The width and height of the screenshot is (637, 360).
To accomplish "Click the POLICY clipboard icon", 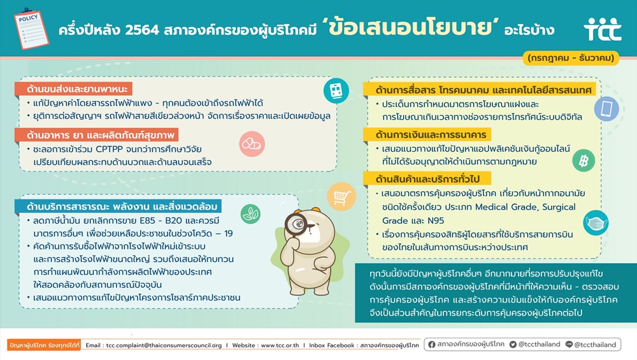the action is (31, 29).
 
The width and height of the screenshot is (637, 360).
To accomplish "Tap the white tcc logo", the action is (603, 29).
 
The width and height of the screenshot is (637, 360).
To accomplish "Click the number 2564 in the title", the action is (142, 31).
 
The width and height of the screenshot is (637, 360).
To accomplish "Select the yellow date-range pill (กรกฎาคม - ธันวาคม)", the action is (570, 58).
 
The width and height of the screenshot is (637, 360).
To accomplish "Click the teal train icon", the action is (336, 90).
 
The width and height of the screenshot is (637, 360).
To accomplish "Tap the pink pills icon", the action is (252, 144).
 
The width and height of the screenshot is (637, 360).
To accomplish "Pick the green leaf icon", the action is (250, 214).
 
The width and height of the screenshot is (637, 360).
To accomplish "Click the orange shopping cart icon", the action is (341, 197).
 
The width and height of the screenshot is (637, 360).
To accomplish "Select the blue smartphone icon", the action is (606, 109).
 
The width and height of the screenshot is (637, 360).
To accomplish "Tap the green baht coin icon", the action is (583, 161).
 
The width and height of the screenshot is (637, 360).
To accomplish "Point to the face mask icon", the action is (596, 222).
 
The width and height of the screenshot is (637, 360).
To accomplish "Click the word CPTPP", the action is (109, 149).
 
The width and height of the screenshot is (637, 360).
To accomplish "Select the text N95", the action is (434, 220).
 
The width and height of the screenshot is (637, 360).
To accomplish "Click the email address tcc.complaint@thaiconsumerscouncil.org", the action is (164, 345).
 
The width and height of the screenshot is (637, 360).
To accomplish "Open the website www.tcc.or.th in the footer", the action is (280, 345).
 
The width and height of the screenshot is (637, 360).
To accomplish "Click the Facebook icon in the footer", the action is (431, 345).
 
